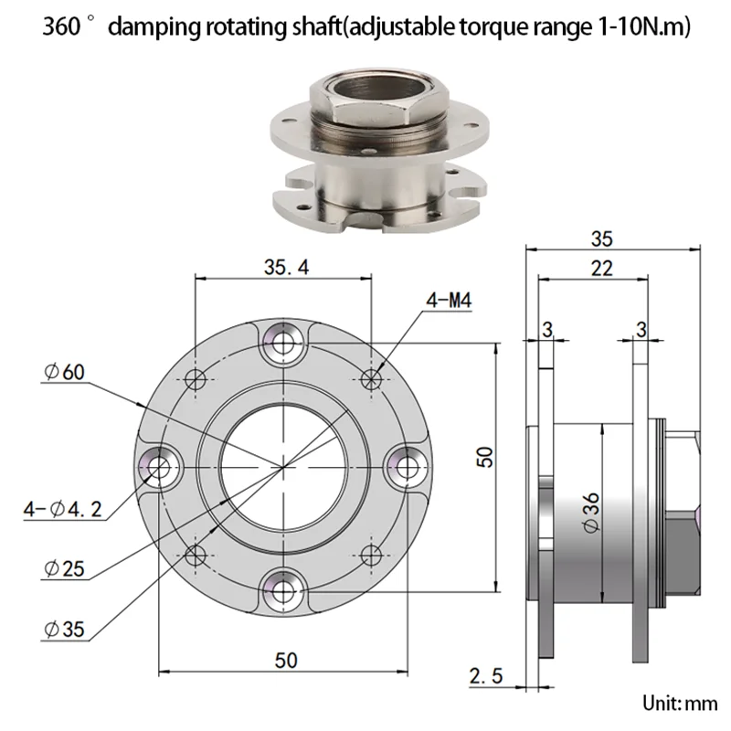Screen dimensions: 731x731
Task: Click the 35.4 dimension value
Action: [286, 267]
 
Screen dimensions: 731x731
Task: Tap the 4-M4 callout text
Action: [449, 300]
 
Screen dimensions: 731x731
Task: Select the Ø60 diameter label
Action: [64, 372]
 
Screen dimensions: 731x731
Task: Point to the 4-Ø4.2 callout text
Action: [62, 509]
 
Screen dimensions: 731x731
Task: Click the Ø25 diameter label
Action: [64, 568]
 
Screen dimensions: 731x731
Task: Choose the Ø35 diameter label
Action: [64, 629]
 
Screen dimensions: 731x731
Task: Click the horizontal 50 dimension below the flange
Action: [286, 660]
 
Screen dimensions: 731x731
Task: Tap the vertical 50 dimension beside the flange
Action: [485, 457]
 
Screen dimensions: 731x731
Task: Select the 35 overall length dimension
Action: [601, 238]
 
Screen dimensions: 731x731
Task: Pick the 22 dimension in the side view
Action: [601, 269]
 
